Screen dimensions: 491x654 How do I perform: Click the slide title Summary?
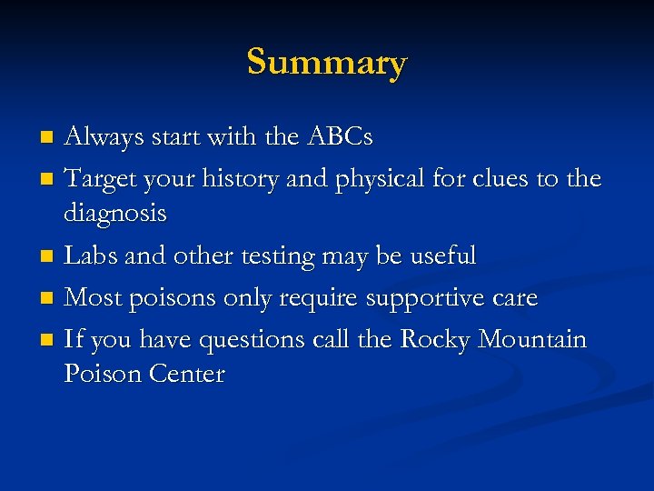[x=327, y=62]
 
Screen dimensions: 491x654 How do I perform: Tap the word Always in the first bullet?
[x=101, y=137]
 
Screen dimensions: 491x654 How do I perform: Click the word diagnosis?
[x=115, y=215]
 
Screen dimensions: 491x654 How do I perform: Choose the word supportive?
[x=420, y=299]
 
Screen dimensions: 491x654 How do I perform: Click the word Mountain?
[x=532, y=339]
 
